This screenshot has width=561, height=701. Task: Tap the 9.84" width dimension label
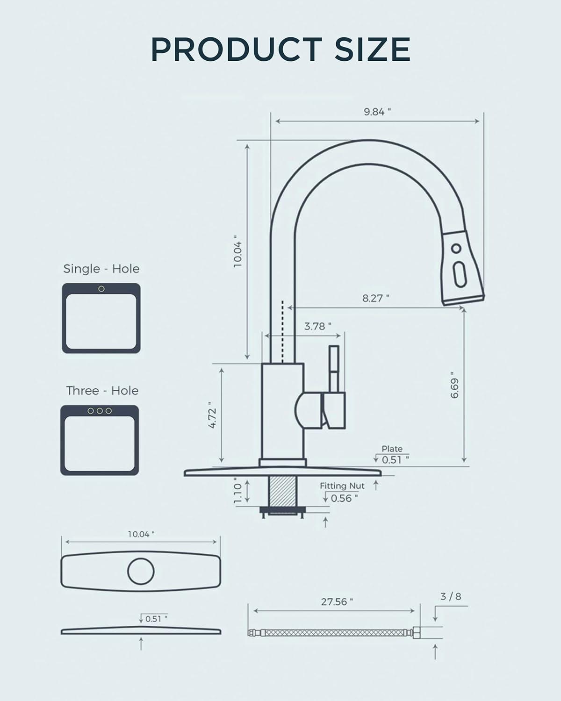[377, 112]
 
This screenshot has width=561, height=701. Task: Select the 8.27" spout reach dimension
[375, 298]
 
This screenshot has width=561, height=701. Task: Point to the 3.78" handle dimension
[317, 326]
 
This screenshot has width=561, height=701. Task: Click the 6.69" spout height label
[454, 385]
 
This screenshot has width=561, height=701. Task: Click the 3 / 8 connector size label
[450, 596]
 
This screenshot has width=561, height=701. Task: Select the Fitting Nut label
[342, 486]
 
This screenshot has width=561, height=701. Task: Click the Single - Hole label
[101, 269]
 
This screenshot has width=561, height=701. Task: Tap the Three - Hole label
[102, 391]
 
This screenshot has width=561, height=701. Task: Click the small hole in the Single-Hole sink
[101, 289]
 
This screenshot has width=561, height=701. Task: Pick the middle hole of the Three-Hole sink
[100, 411]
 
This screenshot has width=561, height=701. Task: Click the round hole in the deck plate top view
[141, 571]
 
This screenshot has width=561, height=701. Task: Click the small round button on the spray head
[456, 248]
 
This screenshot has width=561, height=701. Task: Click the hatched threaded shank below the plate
[281, 491]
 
